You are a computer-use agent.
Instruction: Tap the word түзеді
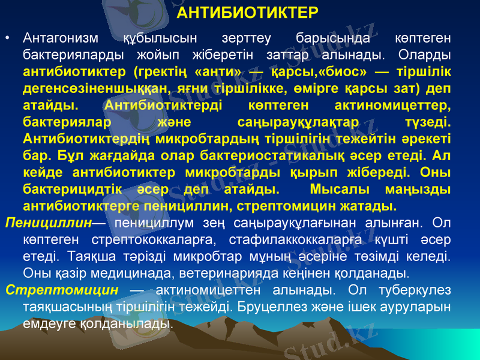click(428, 122)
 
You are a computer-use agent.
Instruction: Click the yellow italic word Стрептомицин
click(61, 290)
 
